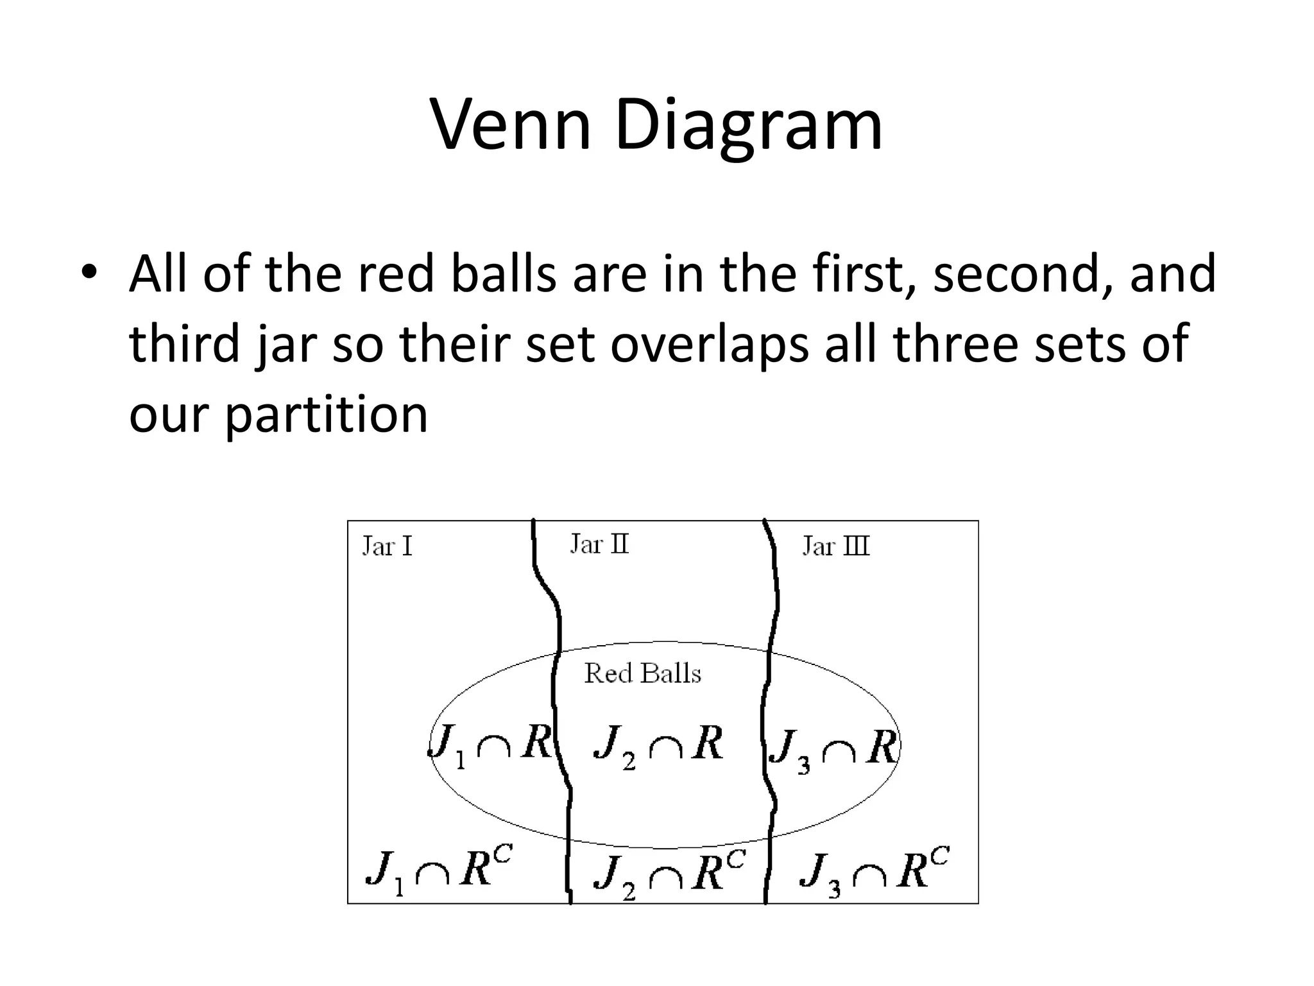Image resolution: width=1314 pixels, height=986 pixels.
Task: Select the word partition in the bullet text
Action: point(326,415)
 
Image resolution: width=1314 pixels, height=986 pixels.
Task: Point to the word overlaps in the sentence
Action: point(710,345)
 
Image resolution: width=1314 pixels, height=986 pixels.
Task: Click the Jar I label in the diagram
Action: point(387,546)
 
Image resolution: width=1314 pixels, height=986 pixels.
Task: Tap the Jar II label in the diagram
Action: point(599,544)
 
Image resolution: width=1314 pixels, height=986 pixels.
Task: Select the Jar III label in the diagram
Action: point(836,546)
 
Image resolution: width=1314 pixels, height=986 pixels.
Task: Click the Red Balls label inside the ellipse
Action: point(643,673)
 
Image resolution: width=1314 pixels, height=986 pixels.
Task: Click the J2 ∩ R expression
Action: point(658,747)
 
